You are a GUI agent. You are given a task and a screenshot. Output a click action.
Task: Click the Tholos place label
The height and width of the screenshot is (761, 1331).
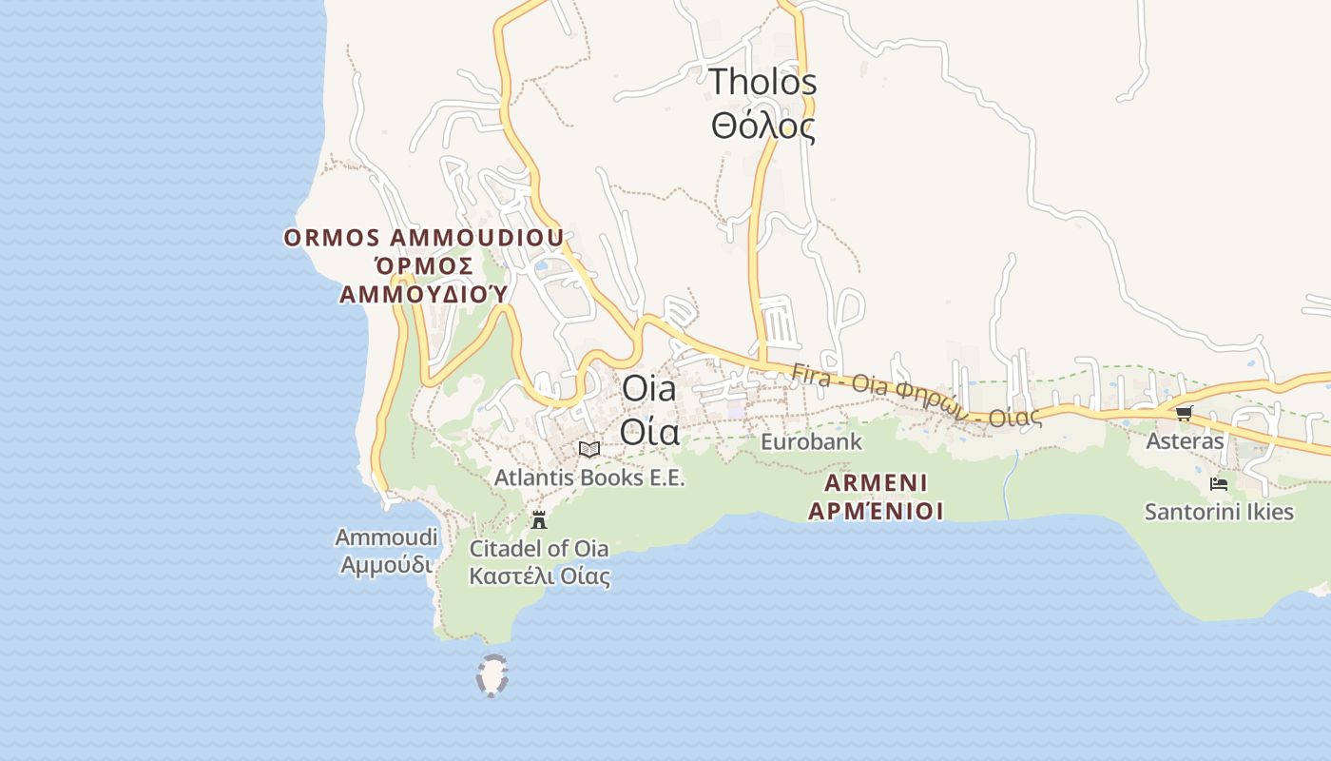[x=762, y=82]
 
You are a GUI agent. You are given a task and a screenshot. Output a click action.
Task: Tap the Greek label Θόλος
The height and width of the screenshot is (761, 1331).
[x=762, y=126]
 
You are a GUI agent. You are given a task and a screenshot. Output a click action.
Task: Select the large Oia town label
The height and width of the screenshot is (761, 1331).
[x=648, y=388]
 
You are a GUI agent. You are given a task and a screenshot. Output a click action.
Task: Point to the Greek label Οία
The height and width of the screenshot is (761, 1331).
[x=649, y=432]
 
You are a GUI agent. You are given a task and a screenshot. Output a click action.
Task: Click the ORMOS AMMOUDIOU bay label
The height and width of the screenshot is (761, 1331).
[x=423, y=238]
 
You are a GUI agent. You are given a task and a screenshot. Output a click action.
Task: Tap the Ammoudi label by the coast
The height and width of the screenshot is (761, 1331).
[x=386, y=537]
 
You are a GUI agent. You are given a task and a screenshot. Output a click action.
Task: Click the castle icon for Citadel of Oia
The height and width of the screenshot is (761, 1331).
[x=539, y=519]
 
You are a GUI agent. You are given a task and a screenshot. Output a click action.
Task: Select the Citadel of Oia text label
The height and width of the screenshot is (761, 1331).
[x=539, y=549]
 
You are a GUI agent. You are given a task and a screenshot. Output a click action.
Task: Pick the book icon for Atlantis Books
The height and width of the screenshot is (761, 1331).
[x=589, y=449]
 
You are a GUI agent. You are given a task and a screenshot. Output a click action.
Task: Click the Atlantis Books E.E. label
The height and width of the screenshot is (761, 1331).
[x=588, y=478]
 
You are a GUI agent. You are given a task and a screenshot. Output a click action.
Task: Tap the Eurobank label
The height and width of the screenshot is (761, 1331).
[x=811, y=442]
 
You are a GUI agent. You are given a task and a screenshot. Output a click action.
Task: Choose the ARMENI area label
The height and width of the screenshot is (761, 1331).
[x=876, y=481]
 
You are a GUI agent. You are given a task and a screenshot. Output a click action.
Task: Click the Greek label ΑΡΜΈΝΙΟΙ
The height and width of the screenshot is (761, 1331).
[x=876, y=511]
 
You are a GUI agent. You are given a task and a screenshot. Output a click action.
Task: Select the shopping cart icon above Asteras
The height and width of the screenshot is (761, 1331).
[x=1184, y=413]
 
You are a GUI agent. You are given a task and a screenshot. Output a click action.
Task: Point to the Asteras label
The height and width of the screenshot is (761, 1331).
[x=1185, y=441]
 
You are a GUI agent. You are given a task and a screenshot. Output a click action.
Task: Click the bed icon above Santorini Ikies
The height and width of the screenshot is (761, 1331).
[x=1218, y=484]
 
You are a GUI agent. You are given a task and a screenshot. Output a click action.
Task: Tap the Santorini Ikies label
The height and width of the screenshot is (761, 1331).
[x=1219, y=512]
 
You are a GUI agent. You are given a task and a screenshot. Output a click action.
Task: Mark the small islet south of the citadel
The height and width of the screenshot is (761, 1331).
[x=492, y=675]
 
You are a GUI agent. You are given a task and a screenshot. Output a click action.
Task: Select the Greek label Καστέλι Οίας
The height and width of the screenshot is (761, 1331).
[x=539, y=576]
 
